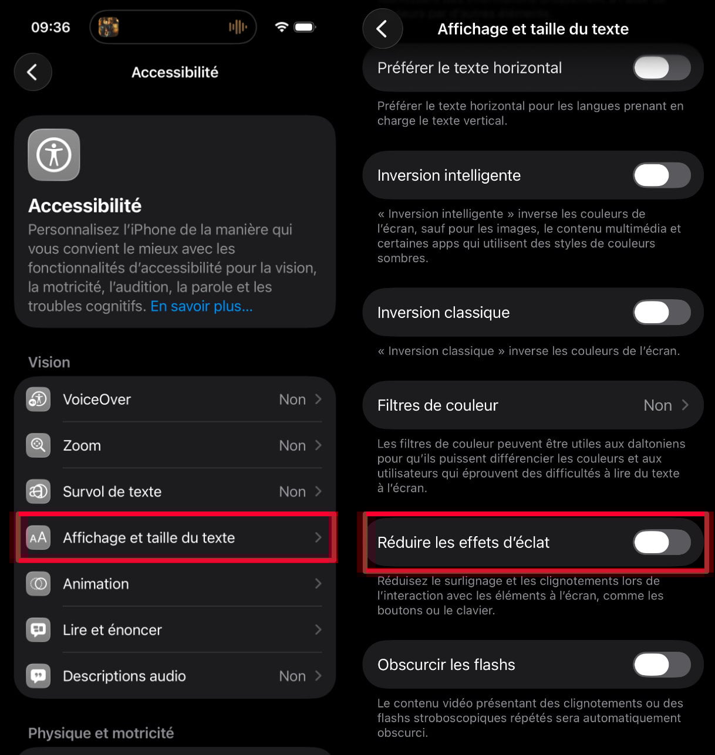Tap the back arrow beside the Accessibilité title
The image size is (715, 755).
[33, 72]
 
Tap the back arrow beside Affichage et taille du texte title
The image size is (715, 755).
[382, 29]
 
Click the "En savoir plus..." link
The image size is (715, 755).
[201, 306]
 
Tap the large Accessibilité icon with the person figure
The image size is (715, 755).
[54, 155]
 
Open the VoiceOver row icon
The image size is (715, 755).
[38, 399]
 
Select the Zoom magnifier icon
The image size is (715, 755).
[38, 445]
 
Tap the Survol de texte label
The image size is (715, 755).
[112, 492]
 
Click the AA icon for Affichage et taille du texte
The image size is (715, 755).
[38, 537]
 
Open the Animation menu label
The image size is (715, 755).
[96, 584]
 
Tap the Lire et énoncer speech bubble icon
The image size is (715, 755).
[38, 629]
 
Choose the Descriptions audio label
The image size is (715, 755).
[124, 676]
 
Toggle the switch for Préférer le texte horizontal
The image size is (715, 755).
[662, 68]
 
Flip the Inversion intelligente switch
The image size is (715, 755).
[662, 175]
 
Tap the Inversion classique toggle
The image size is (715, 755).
[662, 313]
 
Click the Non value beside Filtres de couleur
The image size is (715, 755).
[657, 405]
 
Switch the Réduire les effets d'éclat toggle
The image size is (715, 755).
[662, 543]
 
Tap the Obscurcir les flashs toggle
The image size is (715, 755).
[662, 665]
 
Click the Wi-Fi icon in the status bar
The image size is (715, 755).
[282, 27]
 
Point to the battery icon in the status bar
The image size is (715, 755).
[305, 27]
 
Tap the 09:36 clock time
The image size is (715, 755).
[50, 28]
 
